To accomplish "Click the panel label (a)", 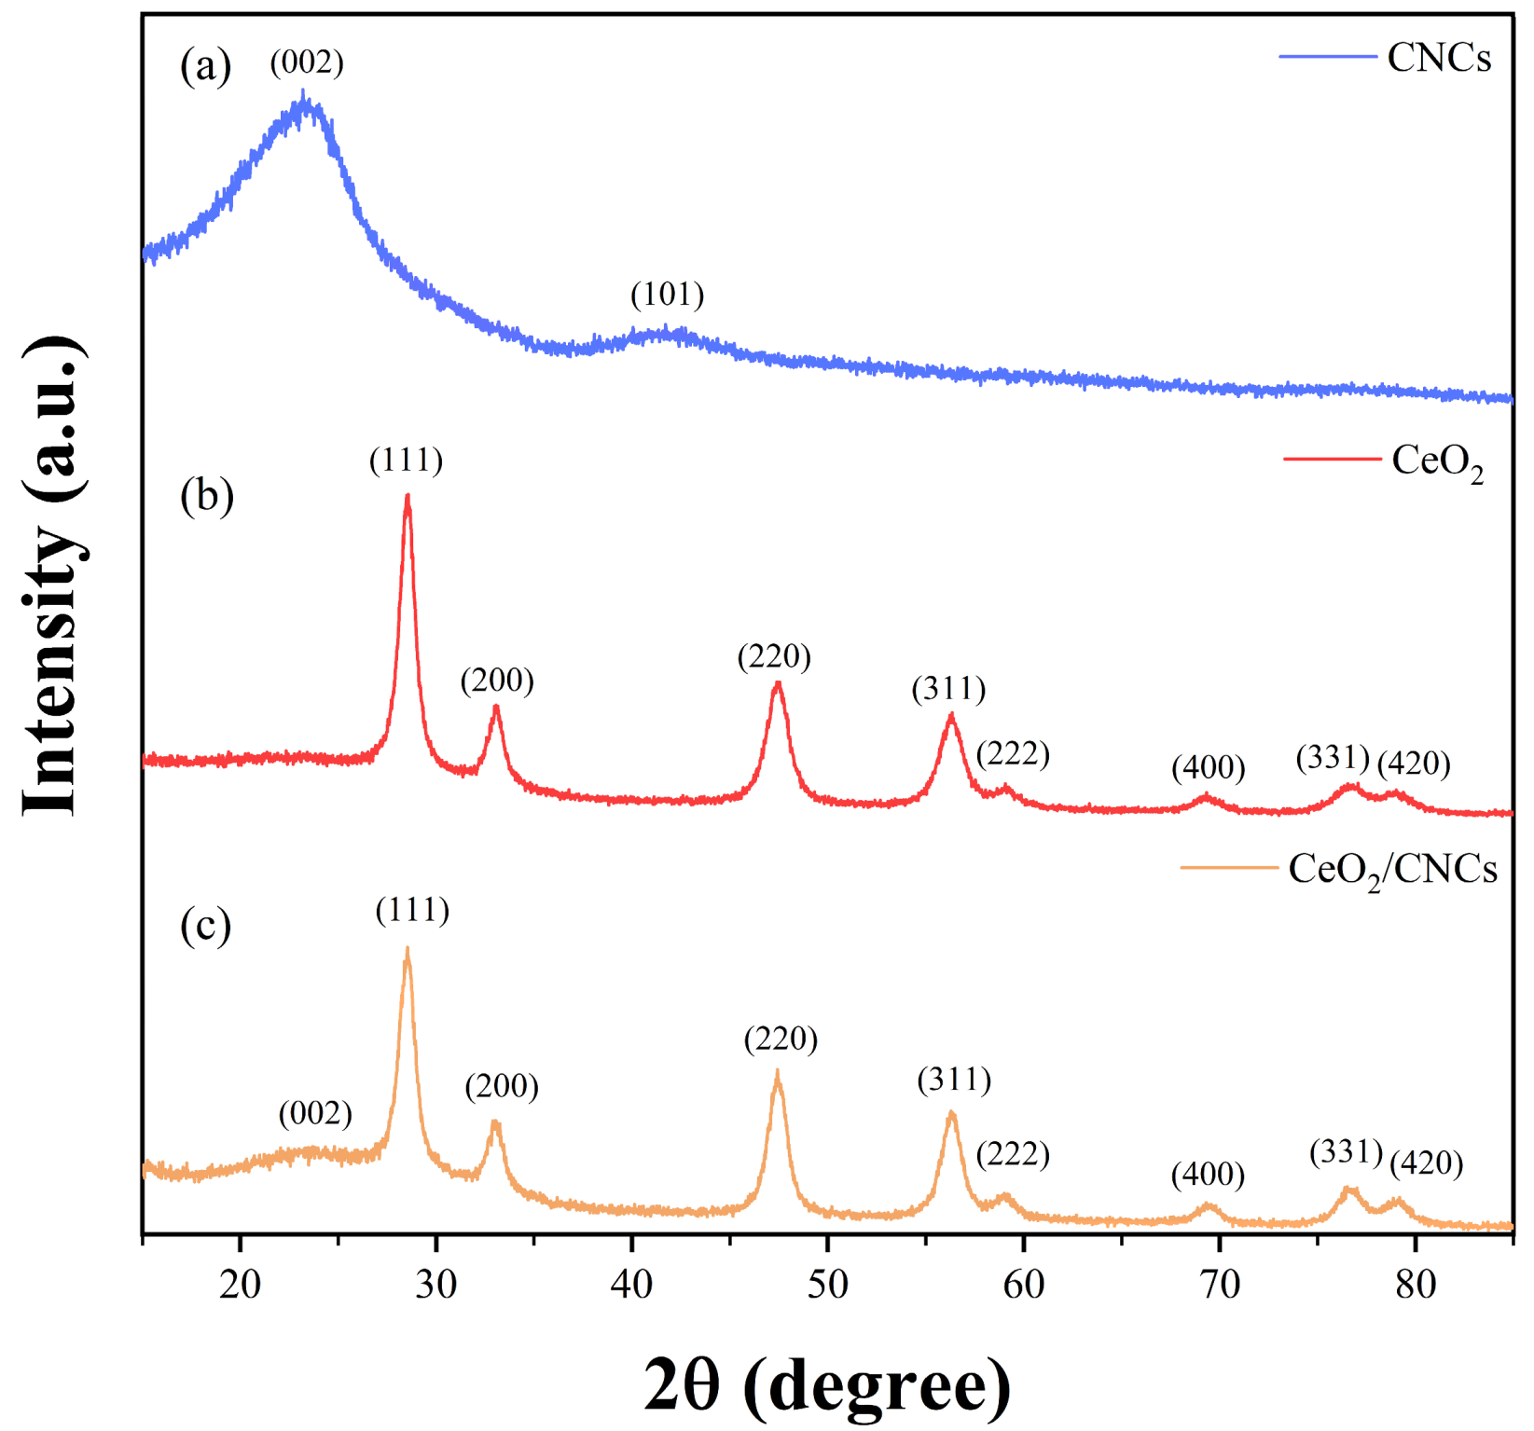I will pyautogui.click(x=205, y=67).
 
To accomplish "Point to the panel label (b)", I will pyautogui.click(x=206, y=496).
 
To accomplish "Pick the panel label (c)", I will pyautogui.click(x=205, y=926).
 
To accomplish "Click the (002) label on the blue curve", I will pyautogui.click(x=307, y=62).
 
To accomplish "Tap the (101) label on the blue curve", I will pyautogui.click(x=667, y=295).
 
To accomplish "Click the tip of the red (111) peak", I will pyautogui.click(x=408, y=497).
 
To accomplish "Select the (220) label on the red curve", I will pyautogui.click(x=774, y=657).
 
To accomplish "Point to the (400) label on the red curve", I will pyautogui.click(x=1208, y=767).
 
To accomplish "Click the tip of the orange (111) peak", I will pyautogui.click(x=408, y=949).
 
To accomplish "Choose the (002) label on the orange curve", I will pyautogui.click(x=315, y=1113).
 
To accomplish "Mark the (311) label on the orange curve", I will pyautogui.click(x=954, y=1080).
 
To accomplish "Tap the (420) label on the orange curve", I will pyautogui.click(x=1426, y=1163).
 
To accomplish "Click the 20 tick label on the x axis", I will pyautogui.click(x=240, y=1285).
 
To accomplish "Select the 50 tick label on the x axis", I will pyautogui.click(x=827, y=1285).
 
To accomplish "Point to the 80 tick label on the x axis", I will pyautogui.click(x=1415, y=1285).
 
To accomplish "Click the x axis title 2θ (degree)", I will pyautogui.click(x=826, y=1385).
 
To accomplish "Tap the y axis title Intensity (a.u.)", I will pyautogui.click(x=54, y=575).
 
